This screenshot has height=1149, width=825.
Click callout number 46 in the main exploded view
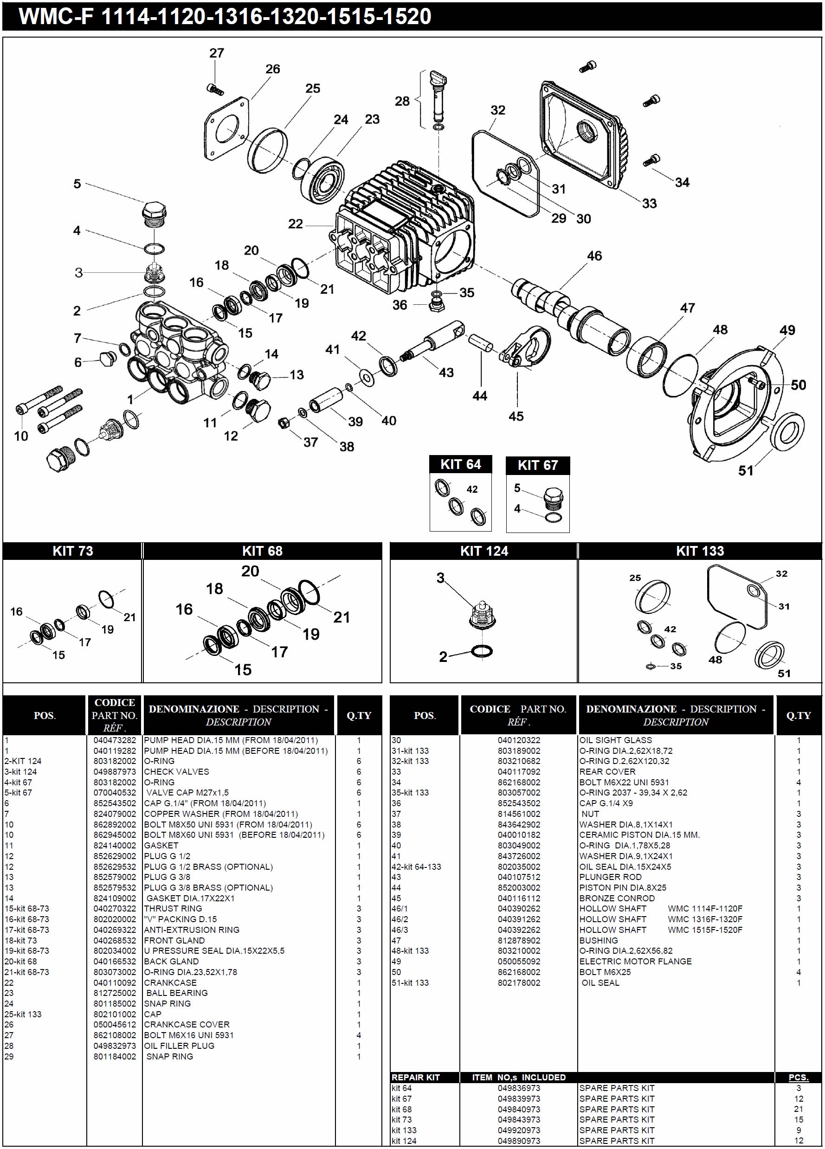594,256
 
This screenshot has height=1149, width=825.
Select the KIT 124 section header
483,551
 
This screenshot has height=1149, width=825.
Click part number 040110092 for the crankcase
115,982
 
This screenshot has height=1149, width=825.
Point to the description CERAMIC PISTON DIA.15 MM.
639,834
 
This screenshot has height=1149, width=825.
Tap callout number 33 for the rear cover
649,203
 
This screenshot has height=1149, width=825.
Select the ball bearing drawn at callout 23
323,180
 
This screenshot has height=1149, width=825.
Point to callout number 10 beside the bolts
21,436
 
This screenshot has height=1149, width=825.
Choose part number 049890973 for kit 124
518,1140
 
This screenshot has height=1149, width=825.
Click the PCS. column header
798,1078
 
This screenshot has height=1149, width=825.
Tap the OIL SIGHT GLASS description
615,740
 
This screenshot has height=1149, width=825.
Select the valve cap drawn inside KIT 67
552,499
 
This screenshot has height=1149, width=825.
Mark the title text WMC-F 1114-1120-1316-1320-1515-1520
225,16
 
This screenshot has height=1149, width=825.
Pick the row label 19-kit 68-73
27,950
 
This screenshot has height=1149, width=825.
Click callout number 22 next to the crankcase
295,224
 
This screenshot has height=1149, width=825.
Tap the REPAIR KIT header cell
416,1078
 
